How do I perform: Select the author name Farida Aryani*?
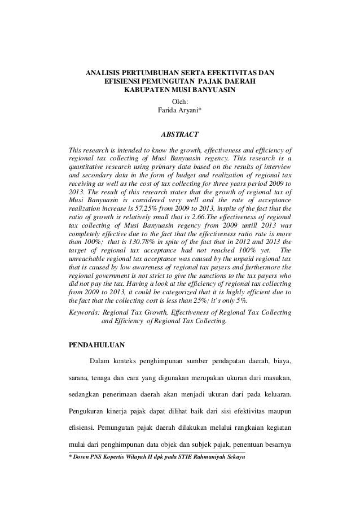point(180,110)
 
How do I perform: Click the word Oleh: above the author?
point(180,101)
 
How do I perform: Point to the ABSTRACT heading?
point(180,136)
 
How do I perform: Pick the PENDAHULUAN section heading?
point(97,343)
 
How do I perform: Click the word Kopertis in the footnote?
point(120,456)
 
